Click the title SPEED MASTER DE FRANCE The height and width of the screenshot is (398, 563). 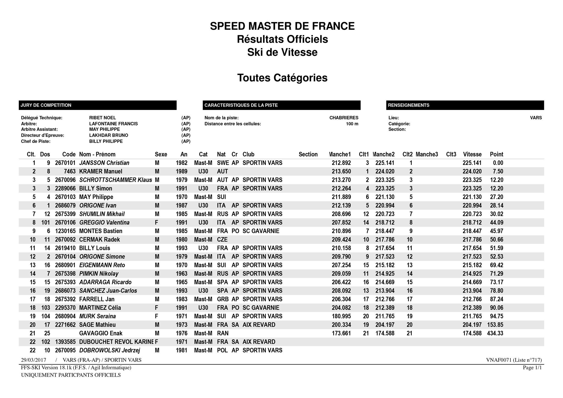[x=282, y=26]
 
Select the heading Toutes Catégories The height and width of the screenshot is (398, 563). [x=282, y=78]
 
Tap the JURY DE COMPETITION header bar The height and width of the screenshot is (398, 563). [x=98, y=105]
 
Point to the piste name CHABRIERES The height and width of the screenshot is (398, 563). [x=344, y=118]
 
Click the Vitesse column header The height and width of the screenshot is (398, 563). [x=472, y=154]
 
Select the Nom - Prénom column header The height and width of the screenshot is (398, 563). [x=97, y=154]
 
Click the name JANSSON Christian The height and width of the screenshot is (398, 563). [x=104, y=163]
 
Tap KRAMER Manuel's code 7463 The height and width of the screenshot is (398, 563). [x=69, y=171]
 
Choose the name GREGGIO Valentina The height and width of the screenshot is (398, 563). [x=104, y=222]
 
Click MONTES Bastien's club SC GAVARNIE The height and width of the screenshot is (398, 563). [x=261, y=231]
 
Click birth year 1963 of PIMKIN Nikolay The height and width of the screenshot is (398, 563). [x=181, y=273]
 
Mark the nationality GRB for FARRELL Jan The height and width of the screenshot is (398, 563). [x=222, y=299]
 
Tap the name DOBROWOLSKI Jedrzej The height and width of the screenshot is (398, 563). [x=109, y=350]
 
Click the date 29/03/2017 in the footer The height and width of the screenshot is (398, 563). [x=34, y=360]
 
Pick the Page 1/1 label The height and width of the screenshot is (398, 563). [x=532, y=368]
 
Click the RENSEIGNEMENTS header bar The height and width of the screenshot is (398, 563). [x=465, y=105]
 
